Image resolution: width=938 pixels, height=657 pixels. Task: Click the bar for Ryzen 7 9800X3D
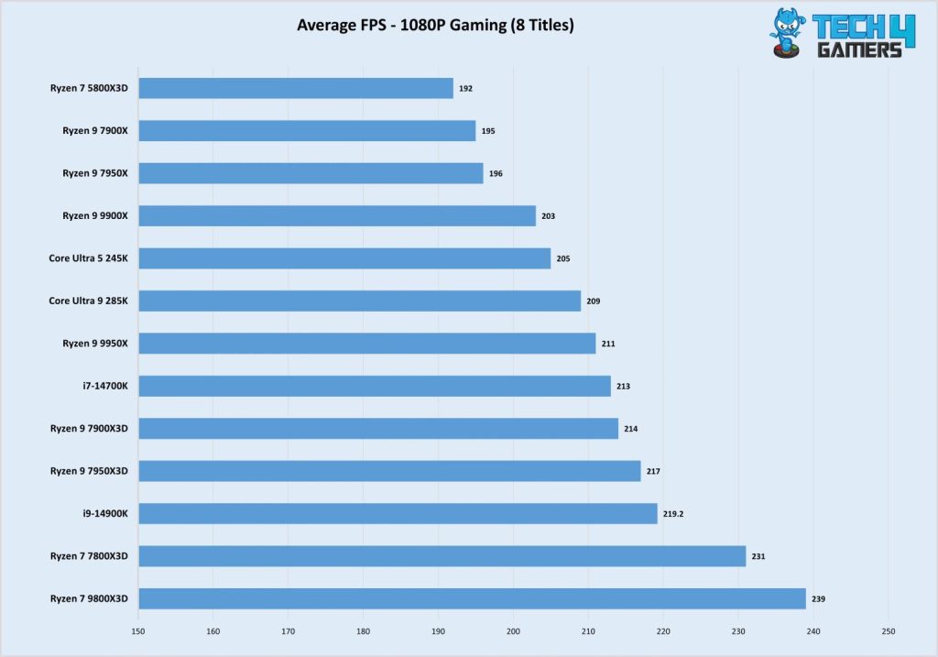click(x=472, y=598)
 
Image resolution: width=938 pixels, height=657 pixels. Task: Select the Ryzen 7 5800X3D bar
click(x=296, y=88)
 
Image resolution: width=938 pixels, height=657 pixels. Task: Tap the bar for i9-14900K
click(x=398, y=513)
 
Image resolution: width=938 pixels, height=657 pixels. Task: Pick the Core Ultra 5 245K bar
click(x=344, y=258)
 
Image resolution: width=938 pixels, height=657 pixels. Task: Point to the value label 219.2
click(x=673, y=514)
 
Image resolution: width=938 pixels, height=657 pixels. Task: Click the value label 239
click(x=818, y=599)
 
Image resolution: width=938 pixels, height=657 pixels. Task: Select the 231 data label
click(x=758, y=556)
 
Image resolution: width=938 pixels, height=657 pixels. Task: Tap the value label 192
click(x=465, y=89)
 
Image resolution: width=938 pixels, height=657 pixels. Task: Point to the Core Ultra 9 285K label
click(x=89, y=301)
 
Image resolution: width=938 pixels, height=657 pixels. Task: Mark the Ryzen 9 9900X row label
click(x=95, y=215)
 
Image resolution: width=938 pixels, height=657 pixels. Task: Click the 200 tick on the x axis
click(x=513, y=631)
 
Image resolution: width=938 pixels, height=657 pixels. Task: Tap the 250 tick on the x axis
click(x=888, y=631)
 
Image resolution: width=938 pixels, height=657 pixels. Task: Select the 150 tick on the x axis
click(x=138, y=631)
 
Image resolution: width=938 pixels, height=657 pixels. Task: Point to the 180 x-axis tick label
click(x=363, y=631)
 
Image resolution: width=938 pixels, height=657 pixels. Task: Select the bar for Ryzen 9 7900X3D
click(x=377, y=428)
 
